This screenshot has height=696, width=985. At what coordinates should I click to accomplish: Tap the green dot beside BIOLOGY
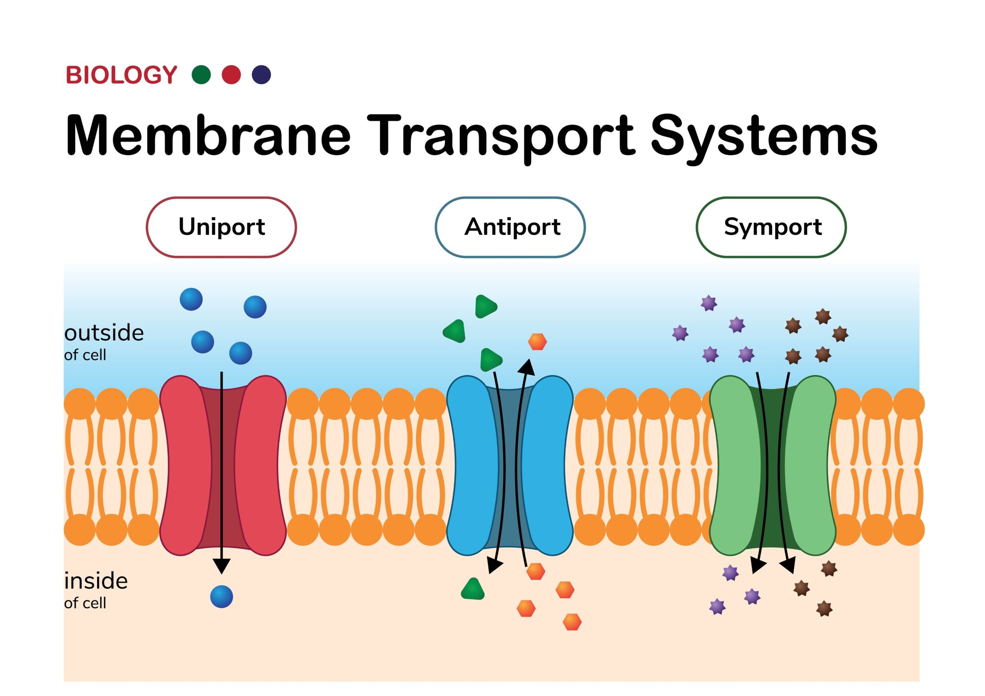tap(201, 75)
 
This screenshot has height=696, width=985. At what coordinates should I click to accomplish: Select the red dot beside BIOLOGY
tap(231, 75)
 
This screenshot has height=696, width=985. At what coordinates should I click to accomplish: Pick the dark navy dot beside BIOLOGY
tap(261, 75)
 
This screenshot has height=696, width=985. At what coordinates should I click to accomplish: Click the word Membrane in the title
tap(208, 135)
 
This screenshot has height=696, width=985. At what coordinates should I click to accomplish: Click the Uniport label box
tap(221, 227)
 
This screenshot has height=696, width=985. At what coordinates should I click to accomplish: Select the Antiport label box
tap(510, 227)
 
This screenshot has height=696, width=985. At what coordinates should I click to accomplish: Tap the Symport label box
tap(771, 227)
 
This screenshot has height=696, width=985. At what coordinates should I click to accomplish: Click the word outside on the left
tap(104, 333)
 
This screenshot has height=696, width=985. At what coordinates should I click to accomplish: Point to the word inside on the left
tap(96, 581)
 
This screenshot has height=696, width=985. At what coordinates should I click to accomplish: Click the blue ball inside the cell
tap(221, 596)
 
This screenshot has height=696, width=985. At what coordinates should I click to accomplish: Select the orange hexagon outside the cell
tap(537, 342)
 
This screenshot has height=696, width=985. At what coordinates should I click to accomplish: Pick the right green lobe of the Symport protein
tap(812, 465)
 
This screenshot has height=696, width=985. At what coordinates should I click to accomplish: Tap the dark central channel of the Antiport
tap(510, 465)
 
